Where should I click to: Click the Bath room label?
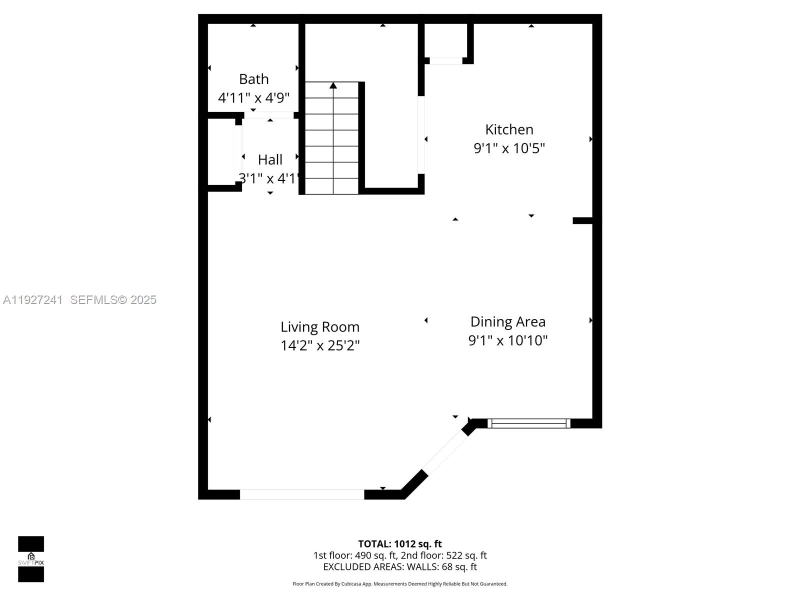pyautogui.click(x=253, y=79)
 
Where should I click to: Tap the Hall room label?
pyautogui.click(x=270, y=159)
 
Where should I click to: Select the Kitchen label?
pyautogui.click(x=509, y=129)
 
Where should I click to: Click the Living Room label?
pyautogui.click(x=320, y=327)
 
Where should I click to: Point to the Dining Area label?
pyautogui.click(x=507, y=321)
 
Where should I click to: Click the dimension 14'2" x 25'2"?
pyautogui.click(x=320, y=345)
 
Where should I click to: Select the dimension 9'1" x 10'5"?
pyautogui.click(x=509, y=148)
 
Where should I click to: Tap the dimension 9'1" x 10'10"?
pyautogui.click(x=507, y=340)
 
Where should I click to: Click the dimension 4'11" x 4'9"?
pyautogui.click(x=253, y=98)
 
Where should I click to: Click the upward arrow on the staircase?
pyautogui.click(x=333, y=86)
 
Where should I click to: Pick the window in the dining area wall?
pyautogui.click(x=528, y=423)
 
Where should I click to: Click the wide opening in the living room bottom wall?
pyautogui.click(x=302, y=494)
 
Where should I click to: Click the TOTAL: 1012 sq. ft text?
pyautogui.click(x=399, y=544)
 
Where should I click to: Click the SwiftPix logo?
pyautogui.click(x=31, y=559)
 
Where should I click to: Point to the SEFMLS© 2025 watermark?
pyautogui.click(x=113, y=300)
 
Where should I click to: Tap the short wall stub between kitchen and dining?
pyautogui.click(x=582, y=220)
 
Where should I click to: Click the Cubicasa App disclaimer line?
pyautogui.click(x=399, y=584)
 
